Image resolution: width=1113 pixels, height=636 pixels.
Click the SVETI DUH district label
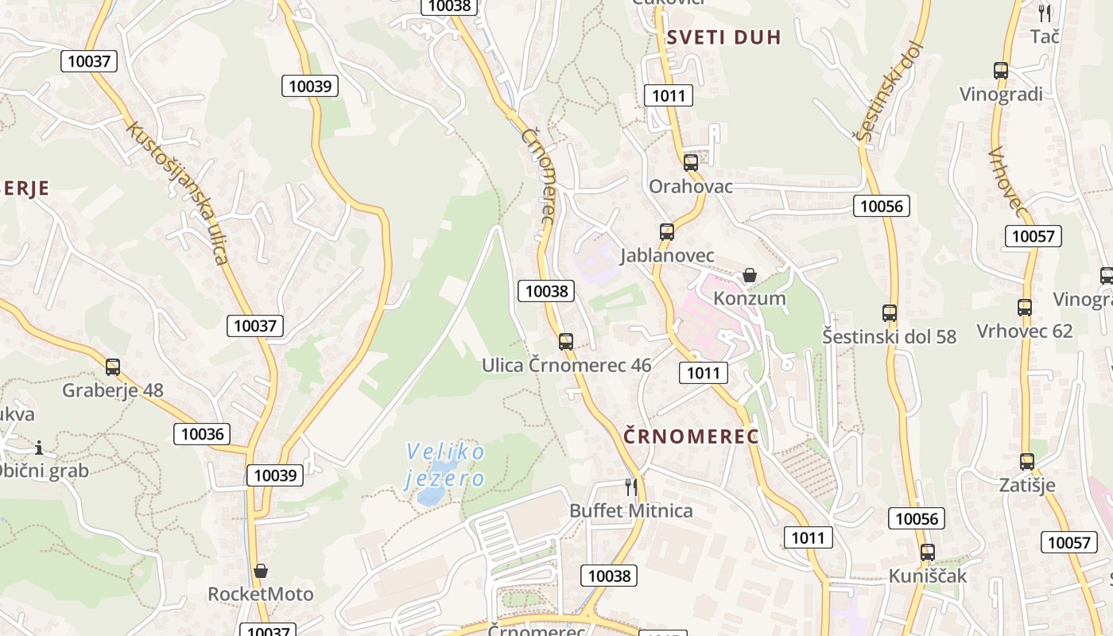[723, 37]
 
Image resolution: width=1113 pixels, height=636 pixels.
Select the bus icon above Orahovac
[691, 163]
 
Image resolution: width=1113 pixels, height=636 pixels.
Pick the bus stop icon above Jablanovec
[667, 232]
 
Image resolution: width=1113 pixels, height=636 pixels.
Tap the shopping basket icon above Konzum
[749, 275]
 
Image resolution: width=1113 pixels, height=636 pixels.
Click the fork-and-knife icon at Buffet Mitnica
[631, 487]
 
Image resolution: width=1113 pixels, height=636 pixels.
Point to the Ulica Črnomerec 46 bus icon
[566, 342]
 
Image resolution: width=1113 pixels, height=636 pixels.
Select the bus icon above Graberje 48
[113, 367]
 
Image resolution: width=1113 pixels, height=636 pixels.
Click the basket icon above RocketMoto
[260, 571]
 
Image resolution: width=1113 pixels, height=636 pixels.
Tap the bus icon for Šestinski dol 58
[890, 313]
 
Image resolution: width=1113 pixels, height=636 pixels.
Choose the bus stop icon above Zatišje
[1027, 462]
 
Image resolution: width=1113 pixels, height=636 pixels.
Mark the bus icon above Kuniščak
[928, 553]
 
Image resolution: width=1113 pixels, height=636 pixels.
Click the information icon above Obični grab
[38, 448]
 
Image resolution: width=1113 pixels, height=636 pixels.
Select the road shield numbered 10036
[202, 433]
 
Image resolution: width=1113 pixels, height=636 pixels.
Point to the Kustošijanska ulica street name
[177, 192]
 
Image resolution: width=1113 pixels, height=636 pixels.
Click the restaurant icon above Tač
[1045, 13]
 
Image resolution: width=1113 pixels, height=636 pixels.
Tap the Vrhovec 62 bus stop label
[1024, 331]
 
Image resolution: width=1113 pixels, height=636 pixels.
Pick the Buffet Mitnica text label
[631, 510]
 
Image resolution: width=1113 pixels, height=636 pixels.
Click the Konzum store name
[750, 298]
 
